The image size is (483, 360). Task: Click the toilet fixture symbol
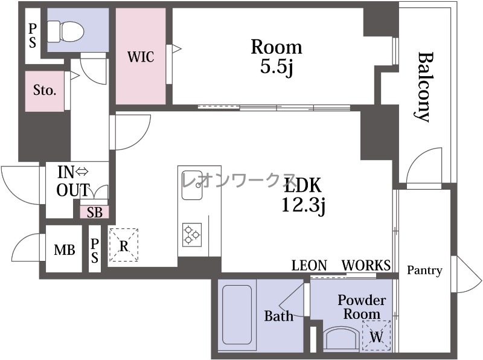(x=66, y=31)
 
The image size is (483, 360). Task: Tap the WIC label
(x=141, y=57)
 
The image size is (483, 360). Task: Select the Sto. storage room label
(x=45, y=91)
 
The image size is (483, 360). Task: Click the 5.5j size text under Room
(x=276, y=67)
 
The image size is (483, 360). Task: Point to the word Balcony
(x=421, y=87)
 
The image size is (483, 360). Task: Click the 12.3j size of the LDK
(x=304, y=205)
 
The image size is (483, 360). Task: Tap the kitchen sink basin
(x=191, y=185)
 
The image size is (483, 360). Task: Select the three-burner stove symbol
(x=192, y=235)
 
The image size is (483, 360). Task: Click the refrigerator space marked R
(x=124, y=245)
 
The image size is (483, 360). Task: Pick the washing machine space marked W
(x=376, y=336)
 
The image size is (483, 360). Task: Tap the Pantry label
(x=424, y=271)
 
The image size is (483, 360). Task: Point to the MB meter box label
(x=65, y=249)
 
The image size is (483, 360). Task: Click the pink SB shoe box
(x=94, y=213)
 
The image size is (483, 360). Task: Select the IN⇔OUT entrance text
(x=73, y=182)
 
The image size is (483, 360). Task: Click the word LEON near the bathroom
(x=309, y=265)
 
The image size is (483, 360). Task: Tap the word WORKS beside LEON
(x=366, y=265)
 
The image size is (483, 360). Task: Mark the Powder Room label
(x=362, y=307)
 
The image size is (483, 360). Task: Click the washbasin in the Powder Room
(x=341, y=339)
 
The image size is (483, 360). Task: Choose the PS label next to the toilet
(x=33, y=36)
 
